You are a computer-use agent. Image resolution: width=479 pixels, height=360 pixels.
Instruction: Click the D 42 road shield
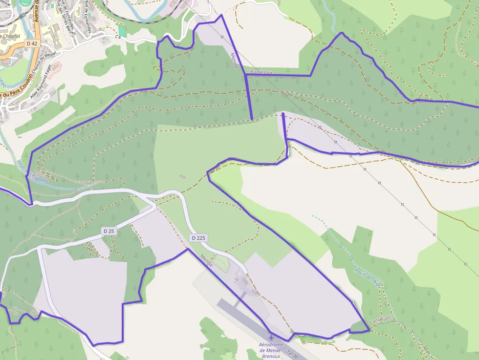click(x=32, y=43)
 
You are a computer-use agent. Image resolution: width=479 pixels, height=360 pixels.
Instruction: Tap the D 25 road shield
click(x=109, y=230)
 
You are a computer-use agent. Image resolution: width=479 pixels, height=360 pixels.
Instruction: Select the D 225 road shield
click(x=198, y=238)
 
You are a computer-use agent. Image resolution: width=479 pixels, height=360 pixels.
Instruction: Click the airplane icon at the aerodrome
click(x=271, y=337)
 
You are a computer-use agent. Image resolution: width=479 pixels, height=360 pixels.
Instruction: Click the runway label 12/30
click(x=292, y=354)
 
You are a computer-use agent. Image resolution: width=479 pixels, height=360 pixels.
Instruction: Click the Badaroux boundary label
click(x=261, y=72)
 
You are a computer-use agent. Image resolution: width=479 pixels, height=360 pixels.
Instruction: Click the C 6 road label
click(x=118, y=37)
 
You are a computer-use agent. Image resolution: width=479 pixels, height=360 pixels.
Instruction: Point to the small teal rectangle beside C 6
click(x=122, y=31)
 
